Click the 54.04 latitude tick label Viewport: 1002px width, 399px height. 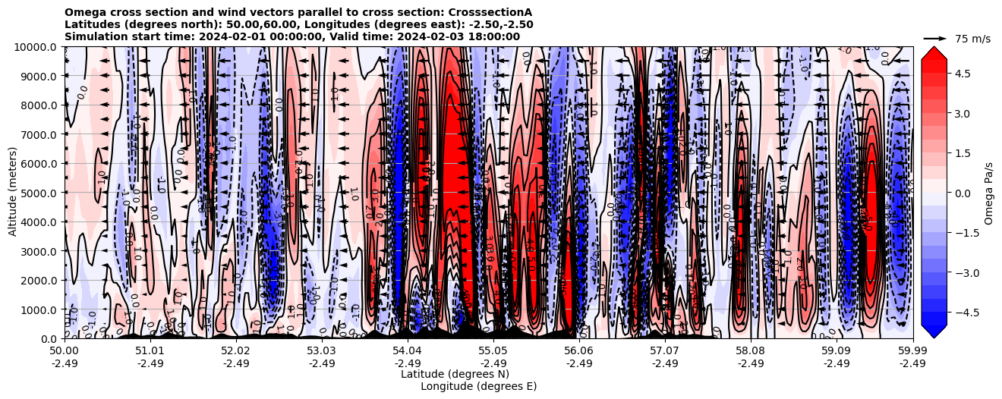[x=408, y=351]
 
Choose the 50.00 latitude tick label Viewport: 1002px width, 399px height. [x=65, y=351]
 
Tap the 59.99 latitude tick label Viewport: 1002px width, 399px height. [x=912, y=351]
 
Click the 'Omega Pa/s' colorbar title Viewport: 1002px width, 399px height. [x=988, y=193]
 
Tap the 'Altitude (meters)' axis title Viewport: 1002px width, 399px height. [x=13, y=193]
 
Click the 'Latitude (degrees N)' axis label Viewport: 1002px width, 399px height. [x=455, y=374]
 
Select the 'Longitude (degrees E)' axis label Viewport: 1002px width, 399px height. [x=478, y=386]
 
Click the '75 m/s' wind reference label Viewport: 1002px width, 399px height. [x=972, y=39]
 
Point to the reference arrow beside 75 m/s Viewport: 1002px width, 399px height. [x=935, y=38]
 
